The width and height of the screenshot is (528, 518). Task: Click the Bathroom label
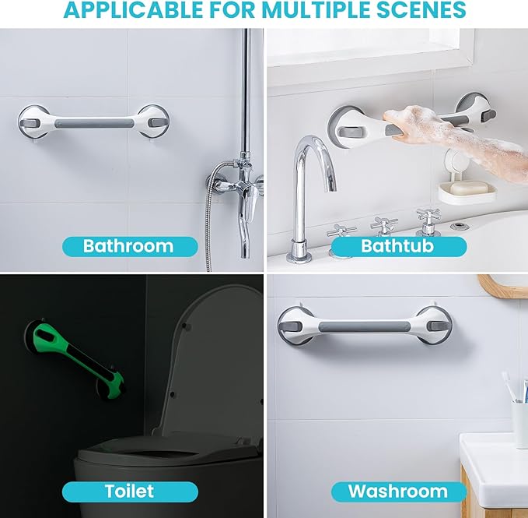128,246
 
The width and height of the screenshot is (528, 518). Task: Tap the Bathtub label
397,246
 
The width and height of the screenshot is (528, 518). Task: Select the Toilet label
129,491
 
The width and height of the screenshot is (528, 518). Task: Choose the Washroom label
397,491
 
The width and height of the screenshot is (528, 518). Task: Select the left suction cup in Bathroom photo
35,123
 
